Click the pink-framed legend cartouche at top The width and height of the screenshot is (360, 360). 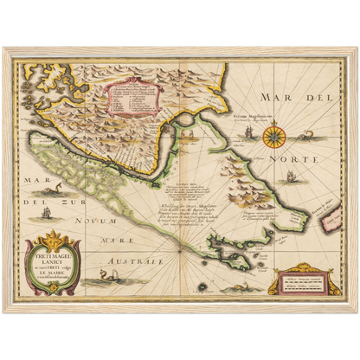click(x=130, y=101)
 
